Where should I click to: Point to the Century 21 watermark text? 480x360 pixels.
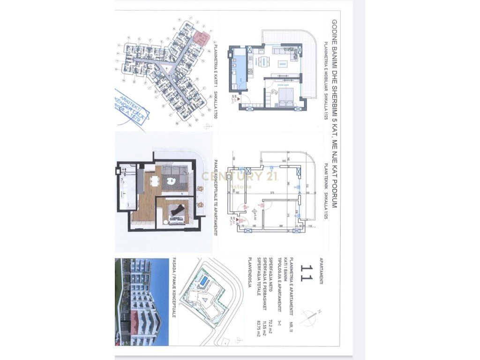[240, 177]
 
